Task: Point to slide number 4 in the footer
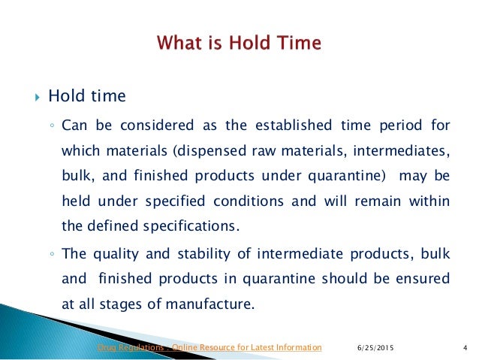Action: (466, 347)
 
